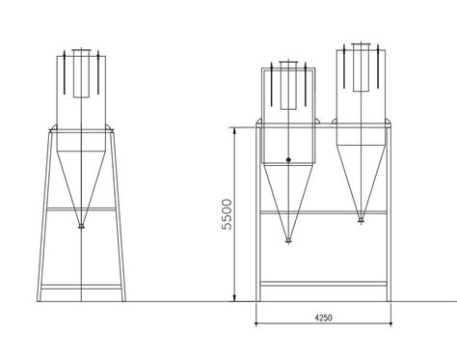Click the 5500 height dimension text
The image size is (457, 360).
(227, 214)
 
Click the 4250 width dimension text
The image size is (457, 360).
(323, 318)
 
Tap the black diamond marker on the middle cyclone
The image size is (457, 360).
(288, 159)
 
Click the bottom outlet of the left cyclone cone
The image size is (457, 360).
(81, 227)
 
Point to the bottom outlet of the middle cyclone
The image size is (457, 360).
(288, 239)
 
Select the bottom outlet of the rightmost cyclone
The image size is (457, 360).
(361, 220)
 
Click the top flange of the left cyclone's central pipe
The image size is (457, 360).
(81, 50)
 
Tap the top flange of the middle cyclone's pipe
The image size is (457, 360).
(288, 62)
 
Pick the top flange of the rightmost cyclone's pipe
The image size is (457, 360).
(361, 44)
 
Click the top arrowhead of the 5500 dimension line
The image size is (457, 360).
(234, 129)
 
